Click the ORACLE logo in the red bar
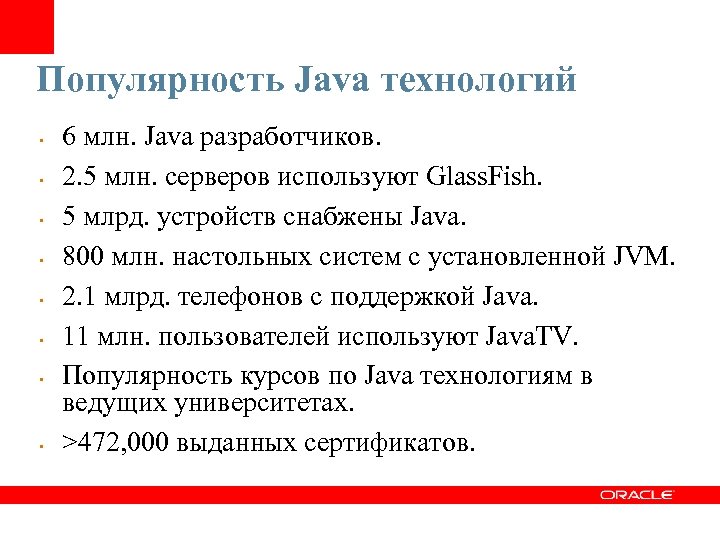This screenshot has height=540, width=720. click(x=637, y=494)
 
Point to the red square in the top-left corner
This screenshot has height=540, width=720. click(x=26, y=26)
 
